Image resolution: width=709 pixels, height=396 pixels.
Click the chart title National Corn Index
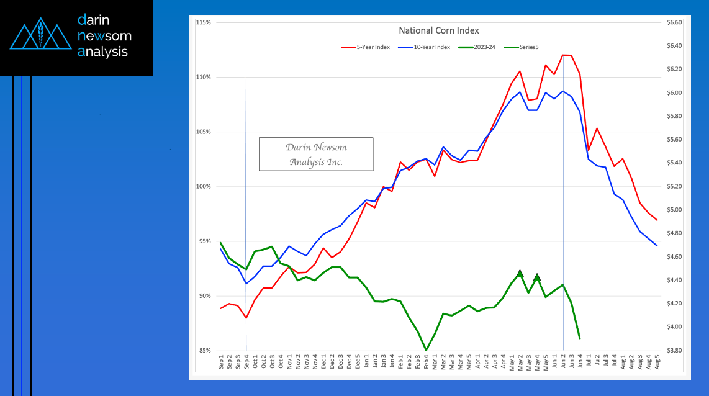click(x=438, y=30)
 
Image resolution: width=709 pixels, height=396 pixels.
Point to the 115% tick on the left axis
click(x=203, y=22)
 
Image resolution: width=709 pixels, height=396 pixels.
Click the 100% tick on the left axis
click(x=203, y=187)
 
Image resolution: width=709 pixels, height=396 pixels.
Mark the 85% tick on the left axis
click(x=204, y=351)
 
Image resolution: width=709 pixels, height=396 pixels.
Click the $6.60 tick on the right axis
click(x=674, y=22)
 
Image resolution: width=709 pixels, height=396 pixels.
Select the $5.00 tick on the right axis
click(x=674, y=210)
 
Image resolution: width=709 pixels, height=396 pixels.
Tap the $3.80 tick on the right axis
click(x=674, y=351)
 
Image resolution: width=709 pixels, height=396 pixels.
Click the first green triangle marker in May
click(x=520, y=274)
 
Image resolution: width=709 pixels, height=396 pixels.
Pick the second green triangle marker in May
click(x=537, y=277)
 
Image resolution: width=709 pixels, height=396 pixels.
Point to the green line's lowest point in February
click(x=426, y=350)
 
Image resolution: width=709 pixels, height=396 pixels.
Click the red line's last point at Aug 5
click(x=657, y=220)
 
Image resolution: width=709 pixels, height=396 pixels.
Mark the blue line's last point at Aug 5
click(x=657, y=246)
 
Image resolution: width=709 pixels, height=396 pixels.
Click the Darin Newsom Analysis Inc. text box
click(x=316, y=155)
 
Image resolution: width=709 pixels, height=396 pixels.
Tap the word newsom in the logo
click(x=104, y=36)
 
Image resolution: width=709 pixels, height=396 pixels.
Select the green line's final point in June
click(x=579, y=338)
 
